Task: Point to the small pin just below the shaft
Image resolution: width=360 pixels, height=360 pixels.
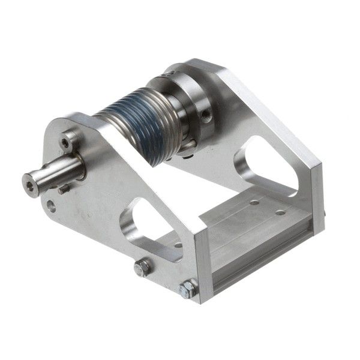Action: pos(62,190)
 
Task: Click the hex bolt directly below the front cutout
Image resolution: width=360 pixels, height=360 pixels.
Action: pos(142,268)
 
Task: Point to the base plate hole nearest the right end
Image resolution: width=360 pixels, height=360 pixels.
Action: pos(280,212)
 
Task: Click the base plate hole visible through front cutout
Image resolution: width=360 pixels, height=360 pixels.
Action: pos(178,244)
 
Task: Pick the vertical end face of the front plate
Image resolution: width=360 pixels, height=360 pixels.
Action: pos(200,264)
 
